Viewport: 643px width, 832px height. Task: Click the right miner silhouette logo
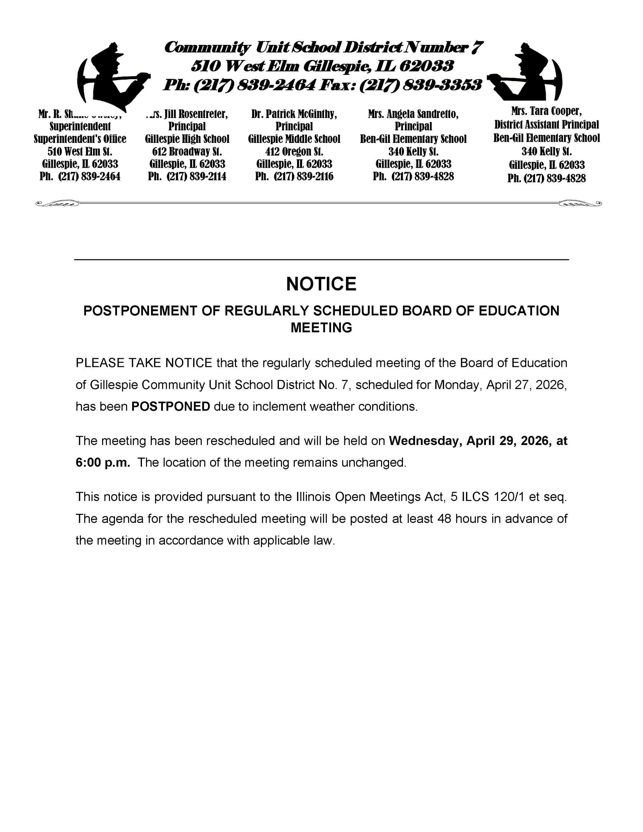(528, 74)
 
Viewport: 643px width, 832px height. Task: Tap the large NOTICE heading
(321, 284)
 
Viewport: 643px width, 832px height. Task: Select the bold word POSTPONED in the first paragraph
(170, 407)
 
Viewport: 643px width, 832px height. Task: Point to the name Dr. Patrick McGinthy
(294, 114)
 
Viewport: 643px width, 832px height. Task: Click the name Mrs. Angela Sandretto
(413, 114)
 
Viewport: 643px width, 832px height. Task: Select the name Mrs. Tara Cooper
(546, 111)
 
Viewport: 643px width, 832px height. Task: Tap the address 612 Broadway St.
(187, 152)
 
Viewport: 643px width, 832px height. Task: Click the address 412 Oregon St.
(294, 152)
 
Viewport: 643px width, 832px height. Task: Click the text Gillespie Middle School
(294, 139)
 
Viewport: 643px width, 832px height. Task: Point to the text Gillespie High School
(187, 139)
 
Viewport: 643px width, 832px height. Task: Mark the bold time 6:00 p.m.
(103, 462)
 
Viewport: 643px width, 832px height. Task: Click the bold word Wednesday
(426, 441)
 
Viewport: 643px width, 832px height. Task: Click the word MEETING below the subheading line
(321, 328)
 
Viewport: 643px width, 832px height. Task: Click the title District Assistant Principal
(546, 124)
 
